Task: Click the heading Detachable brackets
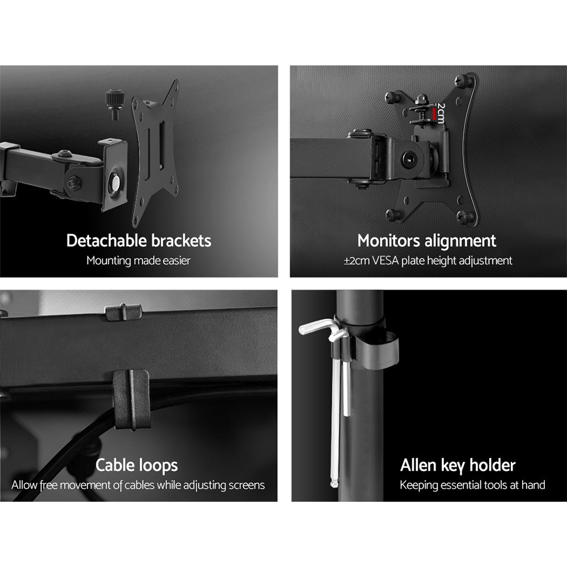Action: click(x=138, y=240)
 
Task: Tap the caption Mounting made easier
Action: click(x=138, y=261)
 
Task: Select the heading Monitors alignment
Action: click(x=426, y=240)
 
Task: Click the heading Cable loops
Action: click(x=137, y=466)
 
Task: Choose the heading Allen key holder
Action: click(x=458, y=466)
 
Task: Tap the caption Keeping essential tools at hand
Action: click(x=472, y=485)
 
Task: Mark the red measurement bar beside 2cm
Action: click(x=434, y=115)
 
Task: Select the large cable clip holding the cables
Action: click(x=132, y=399)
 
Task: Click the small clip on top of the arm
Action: click(x=123, y=311)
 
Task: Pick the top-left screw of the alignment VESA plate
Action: click(x=392, y=97)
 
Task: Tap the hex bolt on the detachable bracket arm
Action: click(x=73, y=183)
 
